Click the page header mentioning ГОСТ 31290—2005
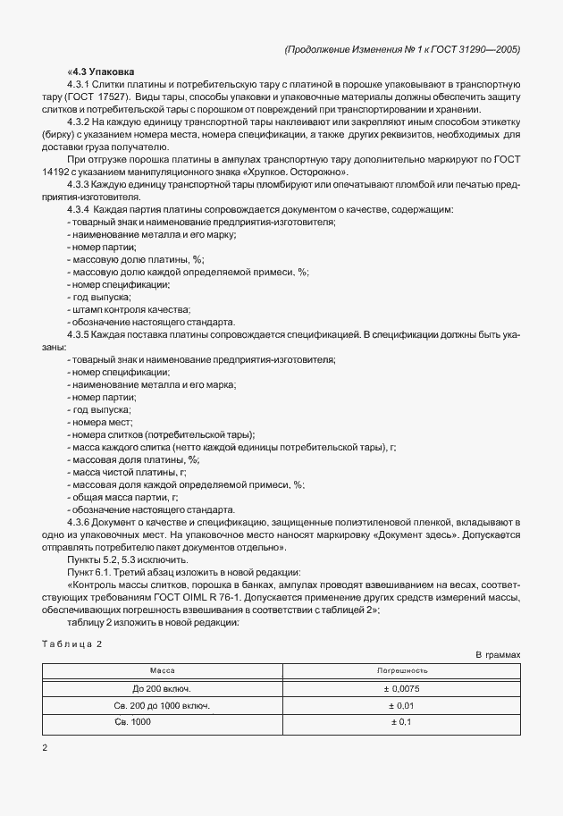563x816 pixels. pos(401,49)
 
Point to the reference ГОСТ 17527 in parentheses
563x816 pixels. pos(97,95)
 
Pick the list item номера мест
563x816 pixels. pos(103,420)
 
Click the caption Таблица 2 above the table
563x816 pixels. pos(72,644)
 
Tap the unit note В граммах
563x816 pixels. pos(498,655)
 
